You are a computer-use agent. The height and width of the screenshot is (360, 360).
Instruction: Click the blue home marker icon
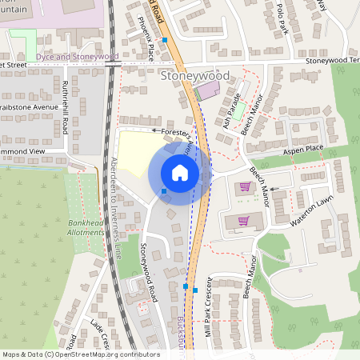point(180,173)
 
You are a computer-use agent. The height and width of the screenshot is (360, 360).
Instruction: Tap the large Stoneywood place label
point(194,76)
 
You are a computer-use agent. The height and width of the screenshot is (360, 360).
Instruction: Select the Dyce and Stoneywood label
point(78,58)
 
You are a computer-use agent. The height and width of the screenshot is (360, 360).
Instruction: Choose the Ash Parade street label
point(232,110)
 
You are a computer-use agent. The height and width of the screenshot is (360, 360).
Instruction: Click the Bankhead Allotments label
point(86,227)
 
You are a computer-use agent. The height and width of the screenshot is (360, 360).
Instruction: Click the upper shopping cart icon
point(245,187)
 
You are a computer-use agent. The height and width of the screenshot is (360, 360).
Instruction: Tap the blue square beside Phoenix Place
point(164,39)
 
